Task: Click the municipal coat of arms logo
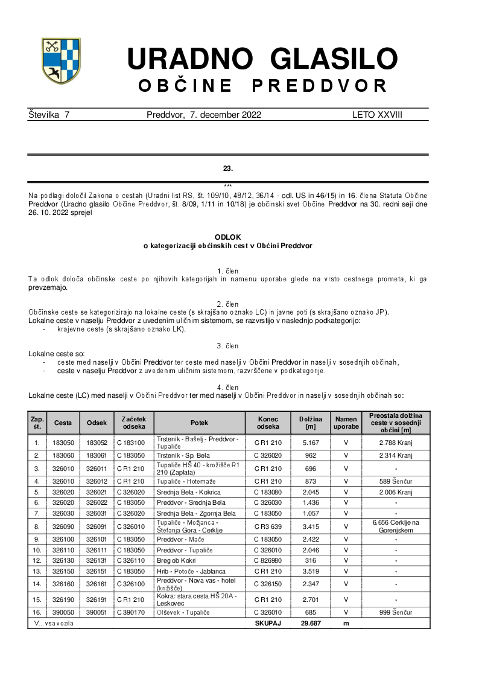(61, 60)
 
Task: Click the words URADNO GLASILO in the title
(262, 59)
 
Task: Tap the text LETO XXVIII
(377, 115)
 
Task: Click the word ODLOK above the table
(227, 238)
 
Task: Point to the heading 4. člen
(227, 388)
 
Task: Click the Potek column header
(199, 423)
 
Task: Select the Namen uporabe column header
(346, 423)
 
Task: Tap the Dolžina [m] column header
(311, 423)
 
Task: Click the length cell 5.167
(311, 443)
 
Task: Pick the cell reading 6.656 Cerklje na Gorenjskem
(396, 526)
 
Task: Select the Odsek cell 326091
(97, 526)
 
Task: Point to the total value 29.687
(311, 623)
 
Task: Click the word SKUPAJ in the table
(268, 623)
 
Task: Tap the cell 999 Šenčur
(396, 612)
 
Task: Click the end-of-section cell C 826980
(268, 560)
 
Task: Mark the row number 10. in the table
(37, 549)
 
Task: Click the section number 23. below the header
(227, 168)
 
